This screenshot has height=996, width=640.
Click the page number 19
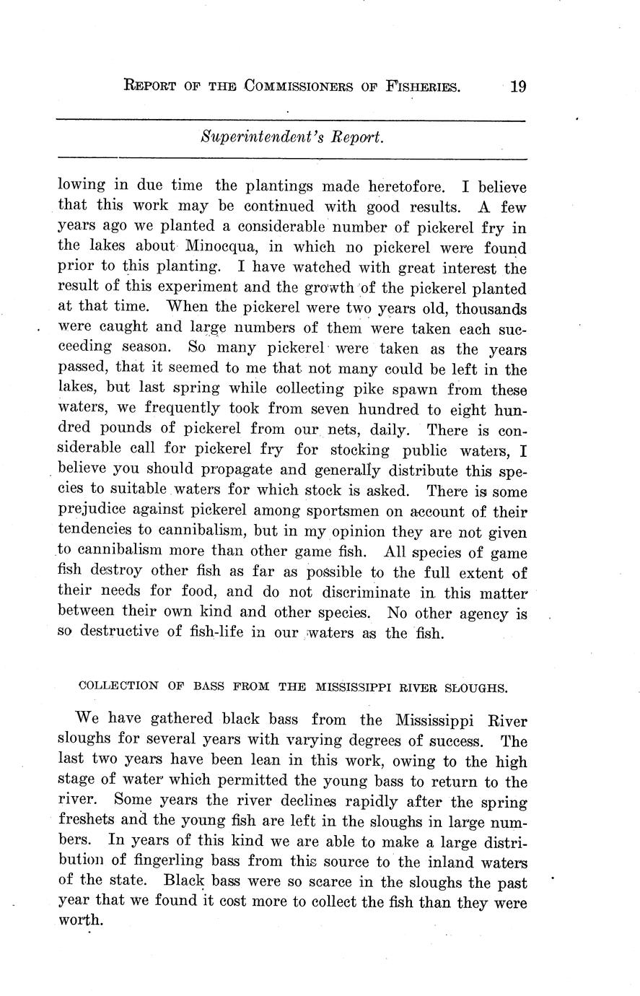pos(518,87)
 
